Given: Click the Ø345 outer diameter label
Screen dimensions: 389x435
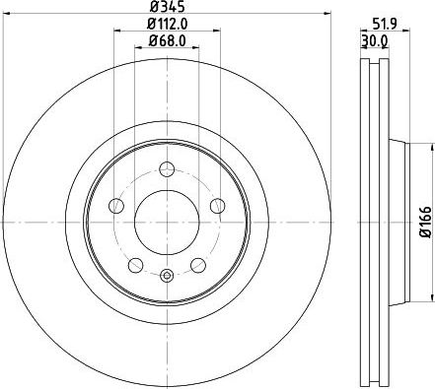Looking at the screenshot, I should (166, 8).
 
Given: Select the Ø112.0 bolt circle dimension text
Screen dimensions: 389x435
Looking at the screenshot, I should (167, 25).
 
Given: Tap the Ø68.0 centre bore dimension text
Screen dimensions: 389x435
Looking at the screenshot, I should (167, 40).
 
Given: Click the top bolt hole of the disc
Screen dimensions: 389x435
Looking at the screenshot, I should (167, 166).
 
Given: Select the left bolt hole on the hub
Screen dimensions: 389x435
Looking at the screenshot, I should (116, 205).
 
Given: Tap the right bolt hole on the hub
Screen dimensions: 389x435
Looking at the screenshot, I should (217, 205).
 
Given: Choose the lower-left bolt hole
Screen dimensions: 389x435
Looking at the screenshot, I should (135, 264).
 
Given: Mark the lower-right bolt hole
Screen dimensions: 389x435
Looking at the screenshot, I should (198, 264).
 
